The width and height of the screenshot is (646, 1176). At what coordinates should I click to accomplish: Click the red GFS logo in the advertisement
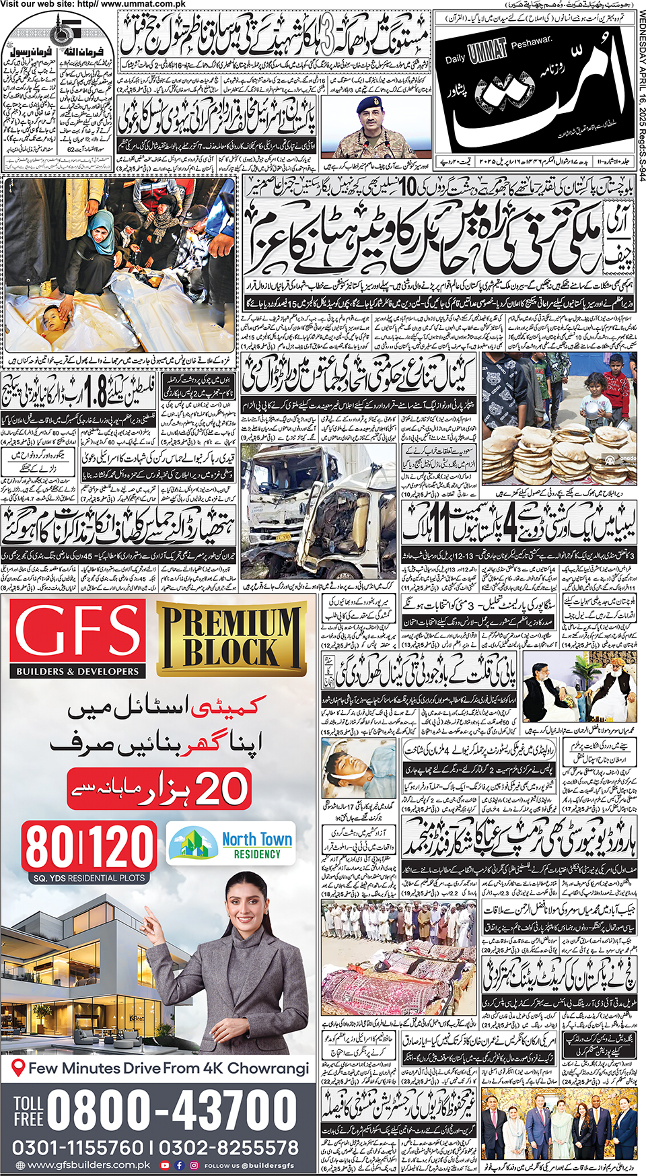(77, 633)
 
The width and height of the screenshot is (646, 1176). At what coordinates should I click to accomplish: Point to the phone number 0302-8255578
(229, 1147)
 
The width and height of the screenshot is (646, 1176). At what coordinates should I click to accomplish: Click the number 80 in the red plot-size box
(51, 847)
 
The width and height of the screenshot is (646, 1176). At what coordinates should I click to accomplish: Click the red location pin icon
(19, 1068)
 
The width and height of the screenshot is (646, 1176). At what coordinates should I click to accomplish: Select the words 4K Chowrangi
(268, 1068)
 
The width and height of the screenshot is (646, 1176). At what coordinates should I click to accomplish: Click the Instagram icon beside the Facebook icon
(194, 1165)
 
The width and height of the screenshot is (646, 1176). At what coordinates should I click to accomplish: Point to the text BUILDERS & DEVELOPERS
(77, 671)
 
